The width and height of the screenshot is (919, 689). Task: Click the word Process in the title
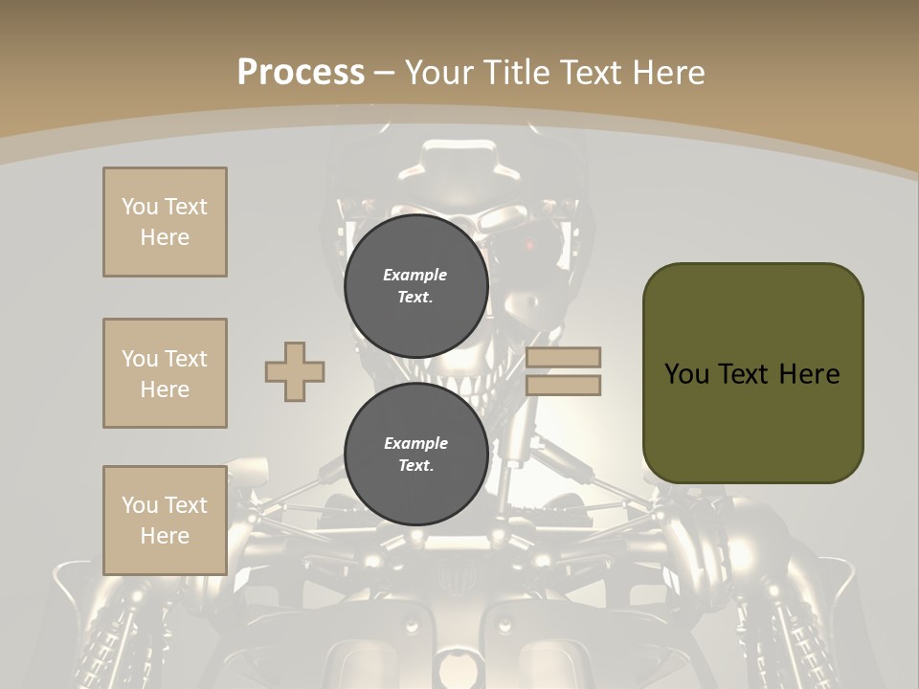coord(301,72)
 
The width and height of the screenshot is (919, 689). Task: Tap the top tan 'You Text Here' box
coord(165,222)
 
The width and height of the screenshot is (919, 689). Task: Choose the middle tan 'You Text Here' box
coord(165,373)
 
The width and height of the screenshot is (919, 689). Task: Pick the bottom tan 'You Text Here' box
coord(165,520)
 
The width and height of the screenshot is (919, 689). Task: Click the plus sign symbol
coord(295,371)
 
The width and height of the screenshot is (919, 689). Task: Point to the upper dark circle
coord(416,285)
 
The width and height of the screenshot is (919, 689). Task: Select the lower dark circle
coord(416,454)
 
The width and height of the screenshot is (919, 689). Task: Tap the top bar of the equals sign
coord(563,357)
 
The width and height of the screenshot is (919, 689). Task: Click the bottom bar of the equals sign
coord(563,386)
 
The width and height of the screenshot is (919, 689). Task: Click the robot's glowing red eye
coord(528,246)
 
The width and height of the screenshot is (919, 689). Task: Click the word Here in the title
coord(669,72)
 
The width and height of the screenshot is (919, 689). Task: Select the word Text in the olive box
coord(753,373)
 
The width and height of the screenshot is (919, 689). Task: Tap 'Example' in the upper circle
coord(415,275)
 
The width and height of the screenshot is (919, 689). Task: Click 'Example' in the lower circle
coord(415,443)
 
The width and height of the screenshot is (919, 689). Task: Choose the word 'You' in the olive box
coord(685,373)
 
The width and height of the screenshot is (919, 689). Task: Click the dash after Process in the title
coord(385,73)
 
